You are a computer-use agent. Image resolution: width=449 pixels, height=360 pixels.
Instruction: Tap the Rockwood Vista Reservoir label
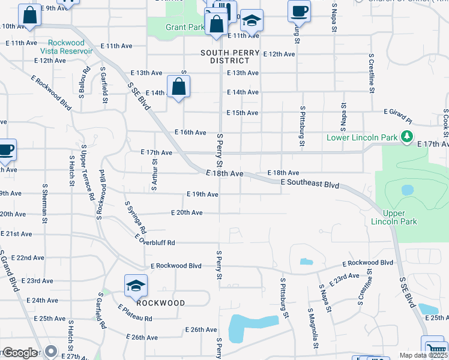point(66,47)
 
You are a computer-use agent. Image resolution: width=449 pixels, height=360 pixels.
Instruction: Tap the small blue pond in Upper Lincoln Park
point(408,190)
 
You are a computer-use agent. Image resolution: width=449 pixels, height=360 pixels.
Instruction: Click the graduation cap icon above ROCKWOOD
point(136,286)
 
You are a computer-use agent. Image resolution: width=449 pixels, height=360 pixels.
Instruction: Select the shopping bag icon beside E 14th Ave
point(179,87)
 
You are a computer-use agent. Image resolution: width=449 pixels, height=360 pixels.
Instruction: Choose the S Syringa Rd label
point(136,217)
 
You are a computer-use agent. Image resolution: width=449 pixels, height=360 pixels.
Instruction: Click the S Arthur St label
point(154,172)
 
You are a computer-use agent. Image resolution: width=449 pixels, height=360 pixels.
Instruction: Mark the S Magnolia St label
point(313,329)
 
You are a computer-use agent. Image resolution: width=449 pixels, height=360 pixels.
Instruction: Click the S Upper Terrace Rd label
point(88,173)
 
